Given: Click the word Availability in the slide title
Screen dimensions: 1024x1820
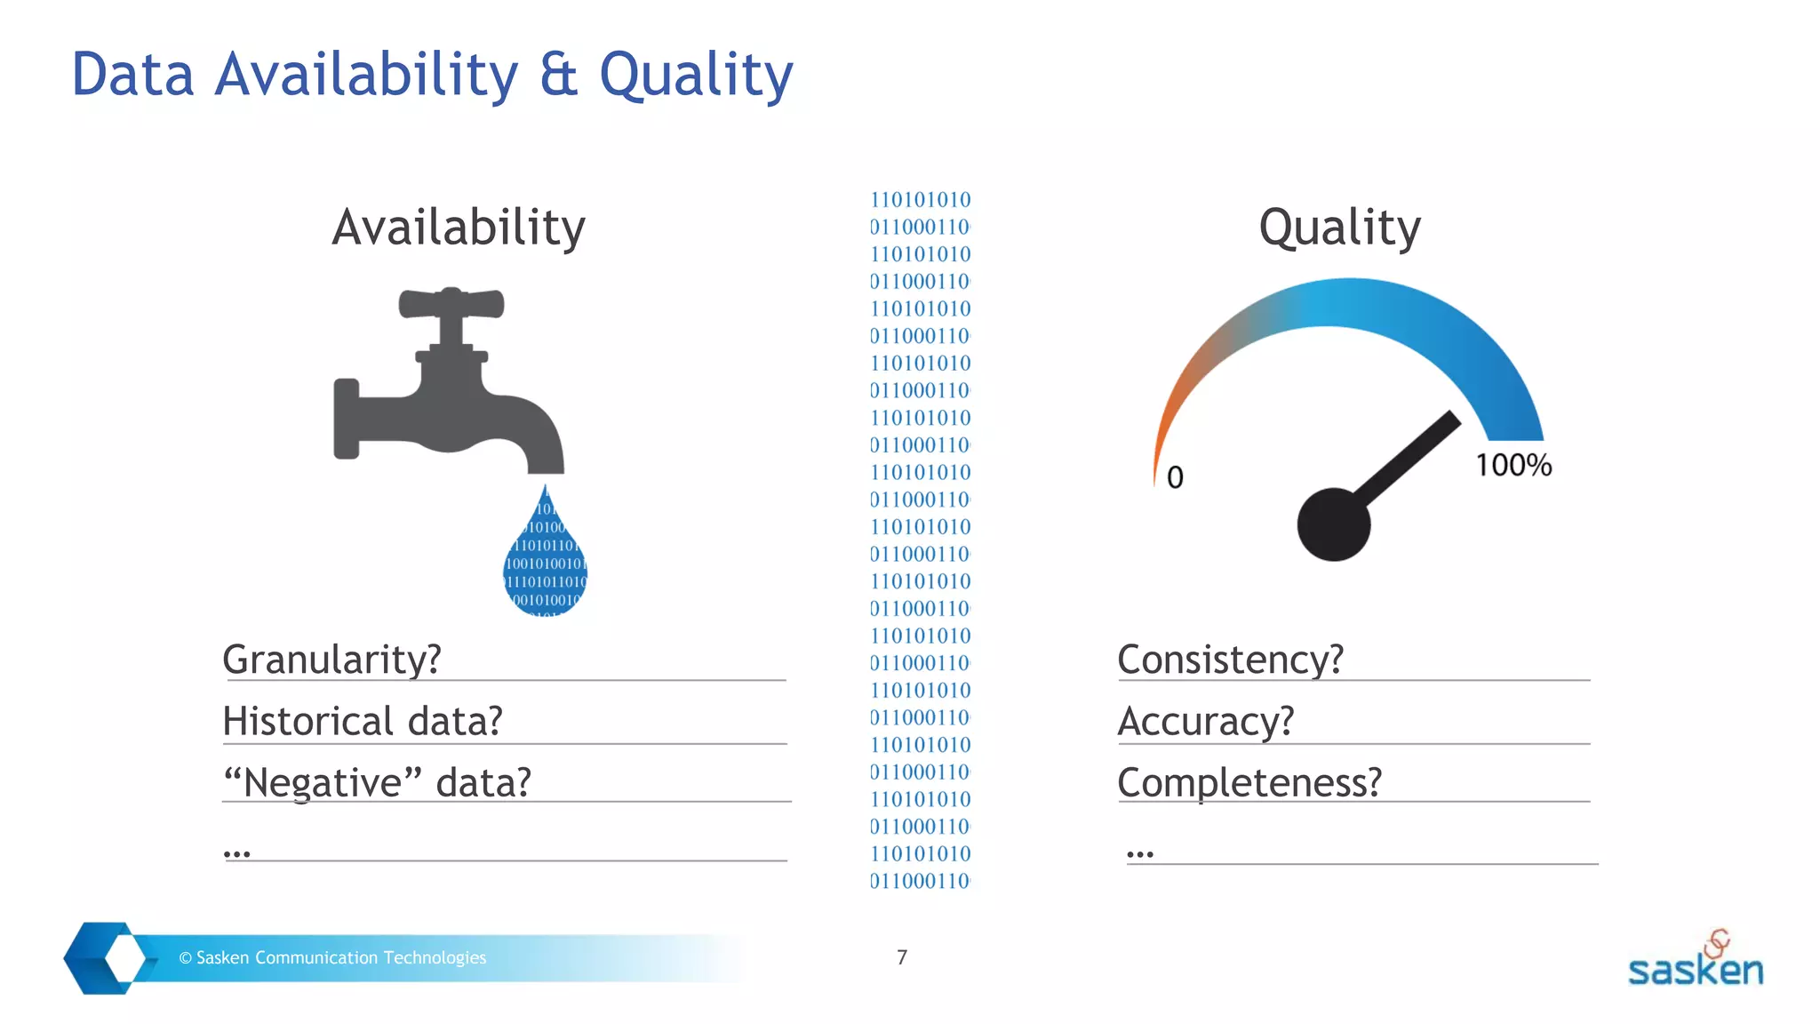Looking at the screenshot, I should [366, 75].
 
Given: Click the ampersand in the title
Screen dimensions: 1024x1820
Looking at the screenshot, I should [558, 75].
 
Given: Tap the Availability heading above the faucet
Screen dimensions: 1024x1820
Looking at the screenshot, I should [459, 228].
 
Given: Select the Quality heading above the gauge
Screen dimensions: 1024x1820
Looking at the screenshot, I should [1339, 228].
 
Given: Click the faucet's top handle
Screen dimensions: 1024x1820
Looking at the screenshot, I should [451, 303].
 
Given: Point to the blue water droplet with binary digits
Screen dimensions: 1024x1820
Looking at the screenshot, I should [546, 560].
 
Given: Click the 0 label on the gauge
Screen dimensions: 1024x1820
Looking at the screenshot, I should [1175, 477].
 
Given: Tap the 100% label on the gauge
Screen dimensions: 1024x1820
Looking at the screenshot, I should [1513, 465].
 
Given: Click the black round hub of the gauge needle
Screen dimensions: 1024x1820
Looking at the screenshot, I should [1333, 524].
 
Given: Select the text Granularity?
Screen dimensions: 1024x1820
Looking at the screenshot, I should [331, 660].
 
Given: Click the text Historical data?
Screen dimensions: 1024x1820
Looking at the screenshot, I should [363, 721].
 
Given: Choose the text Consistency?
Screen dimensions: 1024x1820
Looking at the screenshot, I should [1230, 660].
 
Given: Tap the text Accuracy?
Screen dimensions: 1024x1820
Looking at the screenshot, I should [1205, 721].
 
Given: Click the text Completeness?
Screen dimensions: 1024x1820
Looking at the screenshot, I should [1249, 783].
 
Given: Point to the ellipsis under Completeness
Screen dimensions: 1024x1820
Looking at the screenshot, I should [1139, 854].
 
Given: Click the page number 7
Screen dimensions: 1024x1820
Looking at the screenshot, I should [902, 957].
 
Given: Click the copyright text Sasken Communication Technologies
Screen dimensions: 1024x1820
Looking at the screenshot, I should [332, 957].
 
